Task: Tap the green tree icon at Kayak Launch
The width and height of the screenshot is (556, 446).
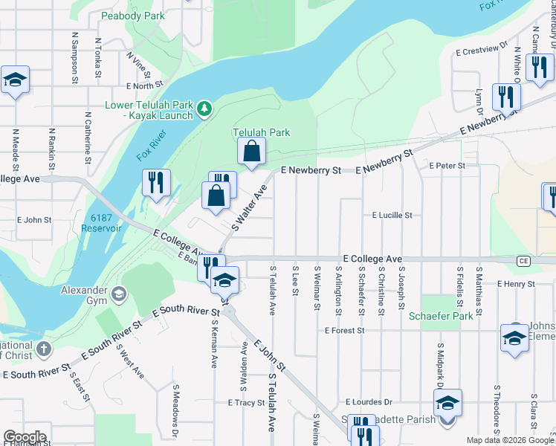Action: pos(204,110)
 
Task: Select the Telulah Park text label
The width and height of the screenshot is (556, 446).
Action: pos(261,132)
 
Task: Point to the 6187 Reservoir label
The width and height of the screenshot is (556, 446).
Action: pos(106,223)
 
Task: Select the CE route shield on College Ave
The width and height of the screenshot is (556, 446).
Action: pos(523,261)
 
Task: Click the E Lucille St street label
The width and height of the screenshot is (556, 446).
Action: pos(392,216)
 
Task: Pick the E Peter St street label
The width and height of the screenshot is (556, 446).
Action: pos(447,165)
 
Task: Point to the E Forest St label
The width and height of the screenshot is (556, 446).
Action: pos(345,330)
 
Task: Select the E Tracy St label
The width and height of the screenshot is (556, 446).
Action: pos(246,403)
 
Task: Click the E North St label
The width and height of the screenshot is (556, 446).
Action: pos(143,86)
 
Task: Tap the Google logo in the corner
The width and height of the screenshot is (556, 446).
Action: pos(25,437)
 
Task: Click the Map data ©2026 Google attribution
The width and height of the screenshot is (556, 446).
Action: pos(510,440)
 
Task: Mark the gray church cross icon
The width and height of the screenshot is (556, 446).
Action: pos(43,349)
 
